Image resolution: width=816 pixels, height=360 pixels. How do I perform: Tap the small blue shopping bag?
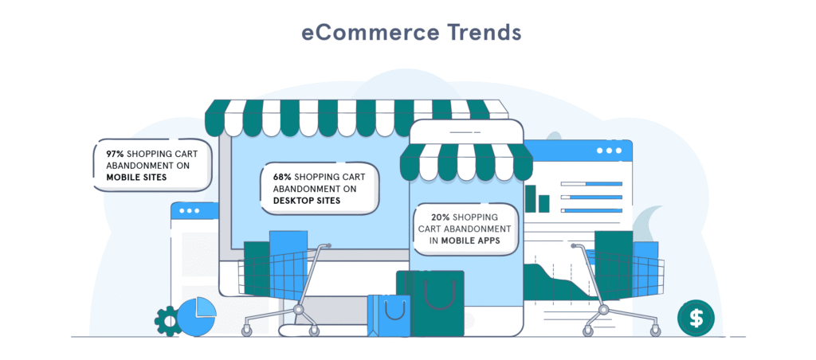pos(388,315)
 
